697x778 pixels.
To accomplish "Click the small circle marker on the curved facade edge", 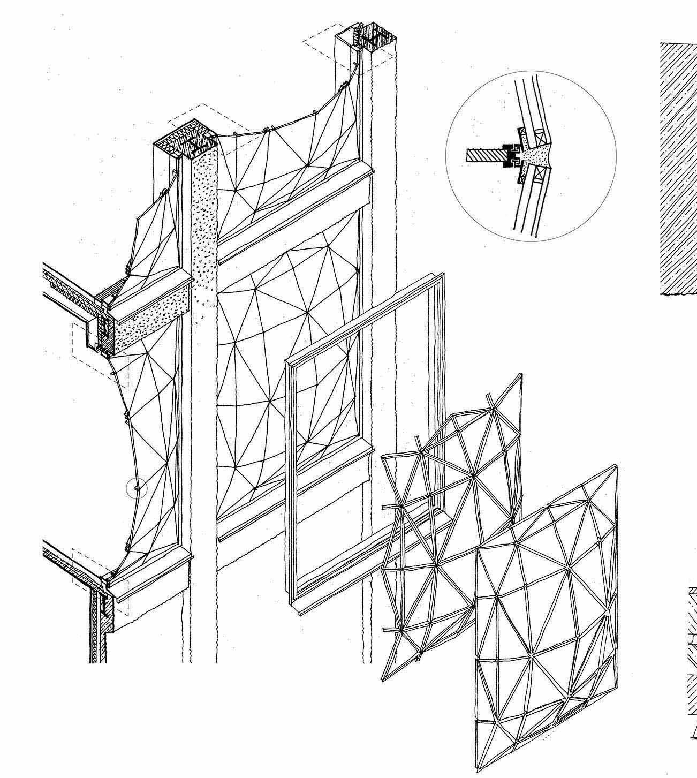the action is coord(137,488).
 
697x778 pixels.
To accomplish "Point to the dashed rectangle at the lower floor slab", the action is coord(88,568).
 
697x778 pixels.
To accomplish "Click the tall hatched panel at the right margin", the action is coord(677,166).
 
